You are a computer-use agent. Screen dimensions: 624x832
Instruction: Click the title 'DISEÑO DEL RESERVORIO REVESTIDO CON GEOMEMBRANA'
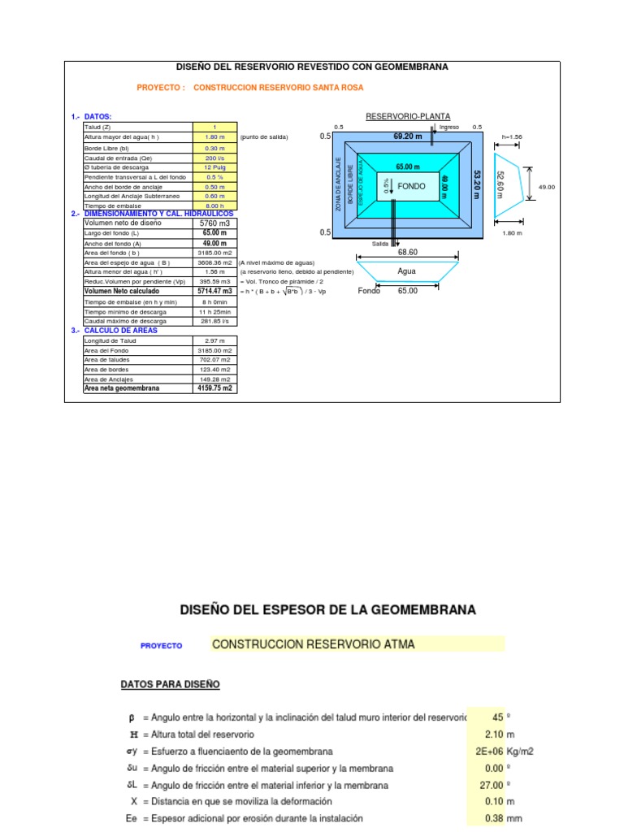pyautogui.click(x=312, y=67)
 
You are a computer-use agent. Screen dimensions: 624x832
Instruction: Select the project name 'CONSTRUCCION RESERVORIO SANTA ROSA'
pyautogui.click(x=279, y=88)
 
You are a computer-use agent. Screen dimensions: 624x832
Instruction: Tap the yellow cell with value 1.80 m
pyautogui.click(x=215, y=137)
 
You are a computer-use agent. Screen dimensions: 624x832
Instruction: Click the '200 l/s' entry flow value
pyautogui.click(x=215, y=158)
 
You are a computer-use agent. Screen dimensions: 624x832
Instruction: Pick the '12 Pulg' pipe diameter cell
pyautogui.click(x=215, y=167)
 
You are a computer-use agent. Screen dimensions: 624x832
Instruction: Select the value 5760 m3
pyautogui.click(x=215, y=223)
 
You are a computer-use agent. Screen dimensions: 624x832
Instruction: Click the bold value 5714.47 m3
pyautogui.click(x=215, y=291)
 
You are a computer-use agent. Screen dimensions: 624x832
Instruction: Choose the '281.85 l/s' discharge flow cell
pyautogui.click(x=215, y=321)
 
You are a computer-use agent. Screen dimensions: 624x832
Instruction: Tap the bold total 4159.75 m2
pyautogui.click(x=215, y=388)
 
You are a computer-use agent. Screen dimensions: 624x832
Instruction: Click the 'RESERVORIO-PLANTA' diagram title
pyautogui.click(x=408, y=117)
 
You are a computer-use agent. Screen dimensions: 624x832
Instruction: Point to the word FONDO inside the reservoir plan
pyautogui.click(x=412, y=187)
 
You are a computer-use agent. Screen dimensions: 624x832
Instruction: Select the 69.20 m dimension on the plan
pyautogui.click(x=408, y=136)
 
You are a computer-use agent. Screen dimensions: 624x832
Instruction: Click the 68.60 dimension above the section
pyautogui.click(x=407, y=253)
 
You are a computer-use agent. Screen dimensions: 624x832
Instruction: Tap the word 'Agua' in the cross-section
pyautogui.click(x=407, y=272)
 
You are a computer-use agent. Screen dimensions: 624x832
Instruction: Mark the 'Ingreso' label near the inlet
pyautogui.click(x=449, y=128)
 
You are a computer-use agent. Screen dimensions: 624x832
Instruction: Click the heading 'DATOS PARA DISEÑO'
pyautogui.click(x=170, y=685)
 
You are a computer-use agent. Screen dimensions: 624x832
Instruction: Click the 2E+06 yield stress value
pyautogui.click(x=487, y=752)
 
